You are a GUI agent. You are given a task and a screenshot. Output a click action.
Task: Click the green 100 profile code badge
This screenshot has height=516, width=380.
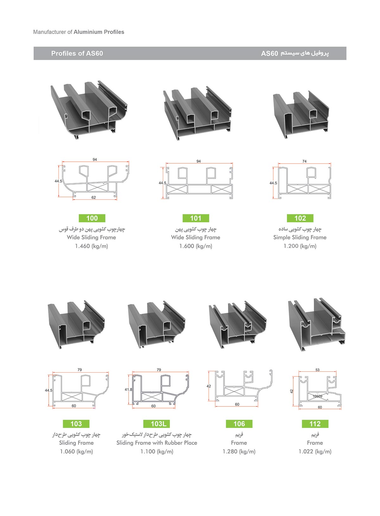click(x=92, y=218)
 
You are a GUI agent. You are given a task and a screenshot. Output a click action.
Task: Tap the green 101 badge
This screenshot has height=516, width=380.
click(x=196, y=218)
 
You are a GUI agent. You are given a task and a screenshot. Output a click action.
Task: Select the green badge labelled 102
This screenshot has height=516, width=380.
click(x=300, y=218)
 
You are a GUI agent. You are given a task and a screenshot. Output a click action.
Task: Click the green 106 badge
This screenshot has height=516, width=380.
click(x=239, y=424)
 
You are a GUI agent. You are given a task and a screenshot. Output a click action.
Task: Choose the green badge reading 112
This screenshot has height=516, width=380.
click(x=315, y=424)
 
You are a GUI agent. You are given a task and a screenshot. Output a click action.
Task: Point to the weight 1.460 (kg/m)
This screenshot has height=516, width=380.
click(x=92, y=246)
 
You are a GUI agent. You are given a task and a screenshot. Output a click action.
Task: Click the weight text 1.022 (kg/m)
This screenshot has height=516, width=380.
click(x=315, y=451)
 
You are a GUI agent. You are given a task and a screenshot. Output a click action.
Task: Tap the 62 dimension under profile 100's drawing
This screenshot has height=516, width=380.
click(x=93, y=198)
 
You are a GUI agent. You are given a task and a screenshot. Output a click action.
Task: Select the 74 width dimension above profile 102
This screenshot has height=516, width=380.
click(x=304, y=161)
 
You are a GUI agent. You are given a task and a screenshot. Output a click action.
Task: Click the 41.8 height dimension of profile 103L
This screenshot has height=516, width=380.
click(x=128, y=390)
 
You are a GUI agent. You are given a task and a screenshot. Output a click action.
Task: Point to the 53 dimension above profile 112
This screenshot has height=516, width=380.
click(x=318, y=370)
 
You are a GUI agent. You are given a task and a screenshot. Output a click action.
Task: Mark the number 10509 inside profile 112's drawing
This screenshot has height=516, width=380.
click(x=318, y=396)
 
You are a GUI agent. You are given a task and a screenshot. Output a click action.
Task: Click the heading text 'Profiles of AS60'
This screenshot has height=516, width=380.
click(x=77, y=53)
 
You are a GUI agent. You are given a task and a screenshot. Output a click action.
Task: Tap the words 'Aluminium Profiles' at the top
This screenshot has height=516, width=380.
click(x=99, y=32)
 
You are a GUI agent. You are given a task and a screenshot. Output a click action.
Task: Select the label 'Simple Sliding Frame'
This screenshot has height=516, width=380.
click(x=300, y=237)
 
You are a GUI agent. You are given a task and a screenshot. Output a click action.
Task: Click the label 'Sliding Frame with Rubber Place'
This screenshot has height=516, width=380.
click(x=157, y=443)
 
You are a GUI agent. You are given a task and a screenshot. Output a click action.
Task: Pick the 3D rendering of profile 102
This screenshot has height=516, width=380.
click(x=301, y=115)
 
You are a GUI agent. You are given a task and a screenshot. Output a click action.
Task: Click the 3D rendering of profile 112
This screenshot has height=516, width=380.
click(x=317, y=324)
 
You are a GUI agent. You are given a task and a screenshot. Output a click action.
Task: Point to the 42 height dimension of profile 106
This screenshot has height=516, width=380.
click(x=209, y=386)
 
